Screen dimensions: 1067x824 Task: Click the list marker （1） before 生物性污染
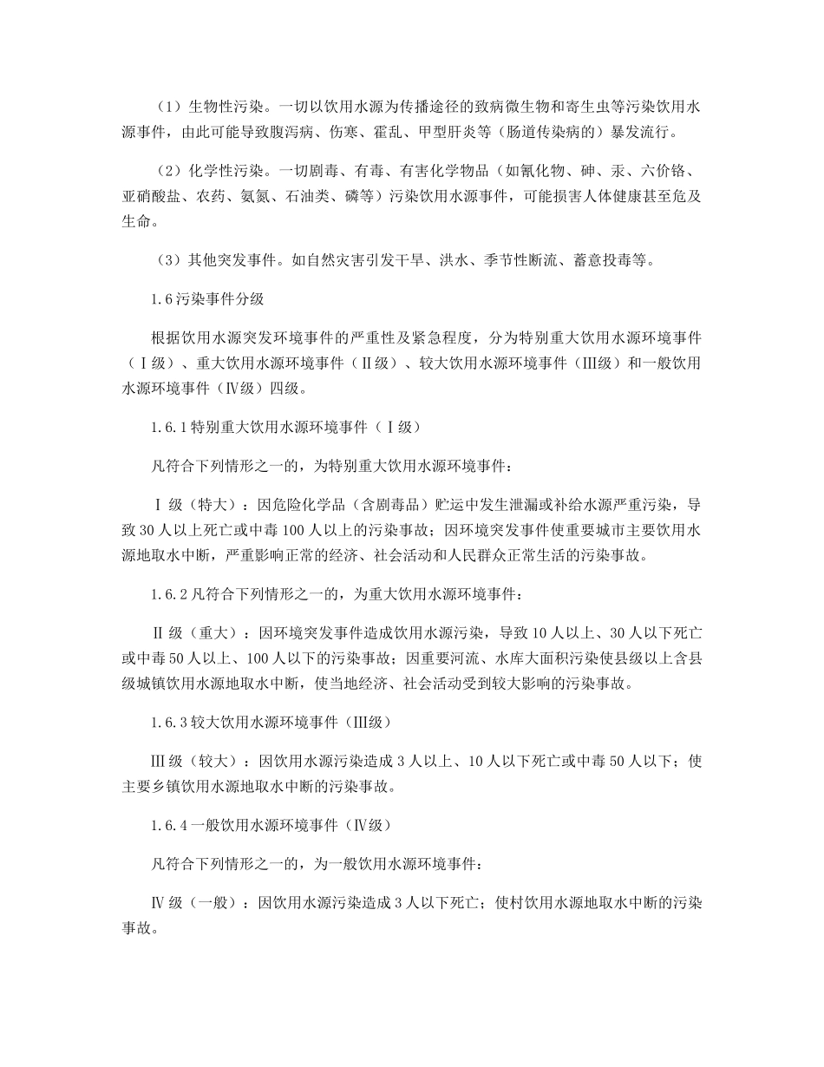167,108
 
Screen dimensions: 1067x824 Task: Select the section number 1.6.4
169,825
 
